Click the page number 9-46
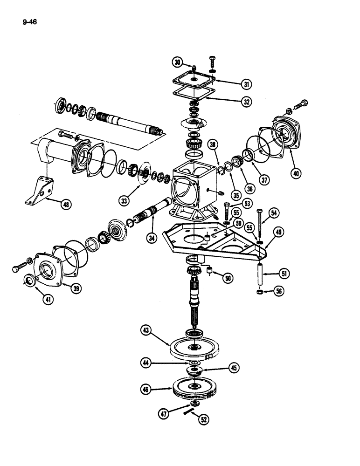tap(29, 21)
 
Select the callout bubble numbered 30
tap(177, 62)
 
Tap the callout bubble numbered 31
tap(246, 84)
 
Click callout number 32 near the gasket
tap(246, 101)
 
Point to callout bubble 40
tap(295, 174)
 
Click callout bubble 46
tap(148, 388)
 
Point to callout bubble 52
tap(203, 419)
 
